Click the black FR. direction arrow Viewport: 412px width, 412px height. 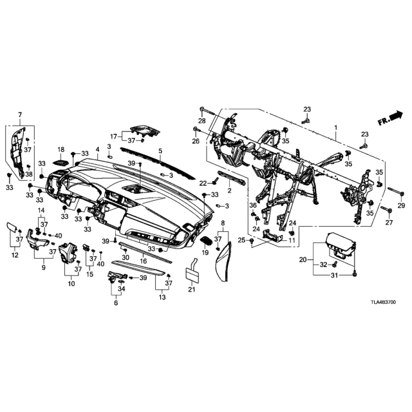(x=395, y=116)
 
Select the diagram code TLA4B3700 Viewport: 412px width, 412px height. (x=383, y=302)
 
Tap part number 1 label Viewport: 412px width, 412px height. (x=335, y=127)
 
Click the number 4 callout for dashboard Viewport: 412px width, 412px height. (x=97, y=149)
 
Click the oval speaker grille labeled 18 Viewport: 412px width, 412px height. (x=61, y=163)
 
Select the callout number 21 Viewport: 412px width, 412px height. (x=192, y=290)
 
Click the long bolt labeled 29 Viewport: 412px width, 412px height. (x=396, y=191)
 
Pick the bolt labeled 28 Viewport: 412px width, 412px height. (x=207, y=111)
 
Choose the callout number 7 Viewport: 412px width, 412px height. (x=20, y=115)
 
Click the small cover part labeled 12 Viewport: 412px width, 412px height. (x=12, y=227)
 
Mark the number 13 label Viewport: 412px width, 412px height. (x=162, y=297)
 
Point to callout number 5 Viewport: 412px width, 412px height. (x=160, y=151)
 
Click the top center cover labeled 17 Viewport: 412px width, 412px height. (x=145, y=131)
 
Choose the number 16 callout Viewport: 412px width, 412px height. (x=143, y=261)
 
